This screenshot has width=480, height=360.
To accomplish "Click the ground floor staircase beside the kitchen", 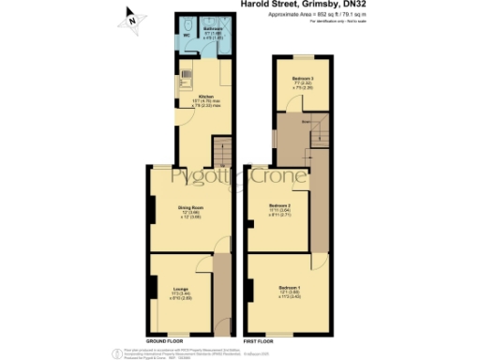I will (x=222, y=150).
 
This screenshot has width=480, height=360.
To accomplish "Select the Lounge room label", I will (x=182, y=290).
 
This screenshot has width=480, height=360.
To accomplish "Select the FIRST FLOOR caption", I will (x=262, y=339).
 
